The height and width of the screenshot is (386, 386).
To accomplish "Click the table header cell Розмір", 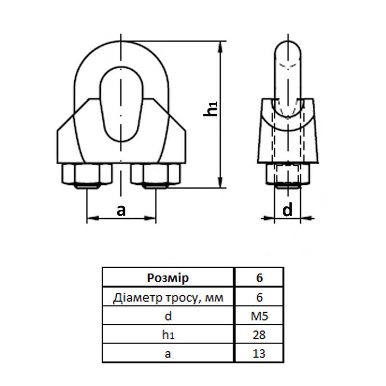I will pos(167,278).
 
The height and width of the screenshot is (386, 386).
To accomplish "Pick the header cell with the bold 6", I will pos(259,278).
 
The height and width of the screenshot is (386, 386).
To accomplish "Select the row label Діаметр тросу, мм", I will pos(168,298).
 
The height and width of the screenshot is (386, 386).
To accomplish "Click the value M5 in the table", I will pos(259,317).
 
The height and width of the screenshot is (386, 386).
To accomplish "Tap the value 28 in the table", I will pos(259,335).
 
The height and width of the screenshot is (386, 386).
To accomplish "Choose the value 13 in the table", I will pos(259,354).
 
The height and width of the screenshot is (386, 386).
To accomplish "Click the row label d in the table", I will pos(167,317).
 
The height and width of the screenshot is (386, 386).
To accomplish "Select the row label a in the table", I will pos(167,354).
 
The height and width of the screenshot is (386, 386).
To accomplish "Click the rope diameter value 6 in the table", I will pos(259,298).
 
